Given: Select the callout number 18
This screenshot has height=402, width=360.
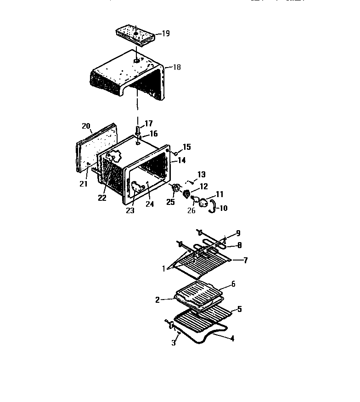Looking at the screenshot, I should pos(176,67).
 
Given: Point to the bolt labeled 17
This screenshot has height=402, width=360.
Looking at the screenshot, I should pos(137,130).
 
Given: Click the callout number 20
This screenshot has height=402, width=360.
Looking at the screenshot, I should pos(86,126).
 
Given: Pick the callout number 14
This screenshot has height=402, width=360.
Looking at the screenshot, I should pos(182,161).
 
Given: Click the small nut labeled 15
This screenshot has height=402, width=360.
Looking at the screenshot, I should pos(176,153).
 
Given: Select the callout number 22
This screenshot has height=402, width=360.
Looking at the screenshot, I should pos(101,198).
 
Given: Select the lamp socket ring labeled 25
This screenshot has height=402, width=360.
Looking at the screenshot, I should pos(175,189).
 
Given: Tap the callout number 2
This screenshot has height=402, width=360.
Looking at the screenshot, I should pos(157,300).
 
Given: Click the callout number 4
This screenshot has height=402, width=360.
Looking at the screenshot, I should pos(232,339).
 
